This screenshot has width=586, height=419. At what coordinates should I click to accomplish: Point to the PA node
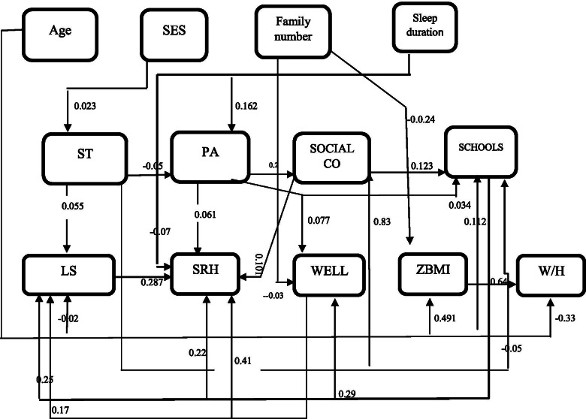pyautogui.click(x=210, y=157)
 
